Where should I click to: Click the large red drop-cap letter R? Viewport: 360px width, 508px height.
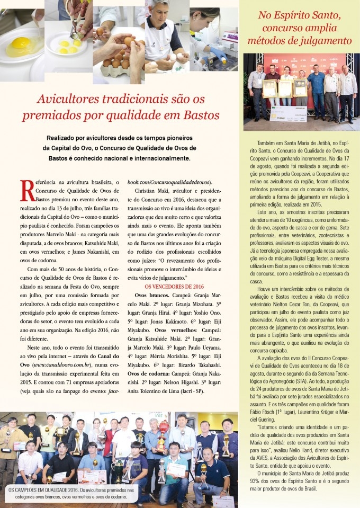[27, 190]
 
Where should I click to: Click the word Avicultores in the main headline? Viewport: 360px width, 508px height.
[66, 99]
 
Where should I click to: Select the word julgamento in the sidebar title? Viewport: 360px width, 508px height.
[326, 41]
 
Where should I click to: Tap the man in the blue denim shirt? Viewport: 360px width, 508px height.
[316, 90]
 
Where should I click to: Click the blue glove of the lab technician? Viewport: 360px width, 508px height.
[218, 52]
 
